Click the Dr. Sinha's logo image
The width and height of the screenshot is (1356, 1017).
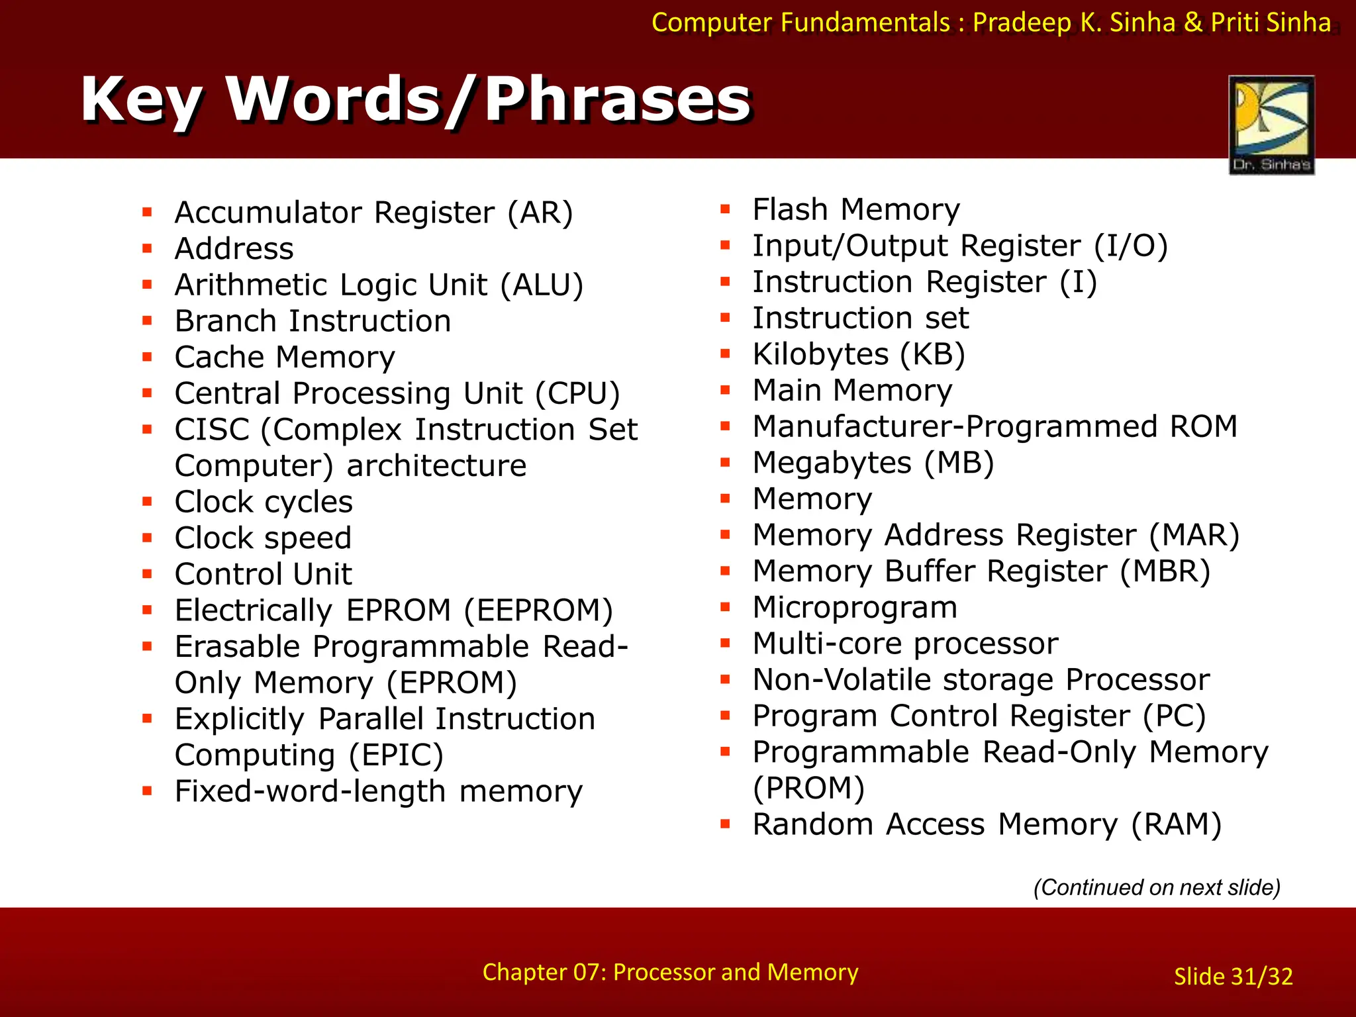(x=1271, y=124)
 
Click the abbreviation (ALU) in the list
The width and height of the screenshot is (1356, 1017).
(x=542, y=285)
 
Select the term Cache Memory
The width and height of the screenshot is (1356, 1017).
(x=285, y=358)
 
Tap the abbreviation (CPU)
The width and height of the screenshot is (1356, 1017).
(x=577, y=394)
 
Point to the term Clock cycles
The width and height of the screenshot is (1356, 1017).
(x=264, y=503)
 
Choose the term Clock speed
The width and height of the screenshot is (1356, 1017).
(x=263, y=538)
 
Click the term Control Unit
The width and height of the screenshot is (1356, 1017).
(x=263, y=575)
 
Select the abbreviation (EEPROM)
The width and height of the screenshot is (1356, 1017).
(x=538, y=610)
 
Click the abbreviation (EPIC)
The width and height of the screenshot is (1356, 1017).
(x=396, y=755)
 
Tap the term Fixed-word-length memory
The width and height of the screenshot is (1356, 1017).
(x=378, y=792)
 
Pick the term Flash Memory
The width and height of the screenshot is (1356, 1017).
(x=855, y=210)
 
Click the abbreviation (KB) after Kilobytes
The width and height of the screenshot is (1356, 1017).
(x=932, y=355)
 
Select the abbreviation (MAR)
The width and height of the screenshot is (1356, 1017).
(x=1194, y=536)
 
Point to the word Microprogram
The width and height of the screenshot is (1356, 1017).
(x=855, y=608)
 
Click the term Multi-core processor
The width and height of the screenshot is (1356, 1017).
(x=905, y=644)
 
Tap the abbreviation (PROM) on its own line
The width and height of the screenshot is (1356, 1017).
(x=809, y=789)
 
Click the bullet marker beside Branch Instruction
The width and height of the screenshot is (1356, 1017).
(x=147, y=322)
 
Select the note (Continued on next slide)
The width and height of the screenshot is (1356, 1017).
(x=1157, y=887)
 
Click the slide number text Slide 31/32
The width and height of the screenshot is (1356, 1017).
(x=1233, y=977)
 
